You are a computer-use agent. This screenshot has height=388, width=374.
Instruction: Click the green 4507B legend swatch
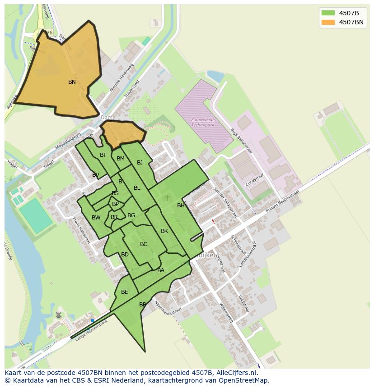[328, 13]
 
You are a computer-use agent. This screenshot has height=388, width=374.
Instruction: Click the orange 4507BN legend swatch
[328, 22]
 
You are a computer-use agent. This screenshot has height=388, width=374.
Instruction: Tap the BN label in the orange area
[72, 82]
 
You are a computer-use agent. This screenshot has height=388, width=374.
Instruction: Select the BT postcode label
[103, 155]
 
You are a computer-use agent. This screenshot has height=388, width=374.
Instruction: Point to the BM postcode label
[121, 159]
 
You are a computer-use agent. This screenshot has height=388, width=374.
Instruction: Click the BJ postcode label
[140, 163]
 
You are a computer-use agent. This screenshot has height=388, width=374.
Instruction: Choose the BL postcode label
[137, 188]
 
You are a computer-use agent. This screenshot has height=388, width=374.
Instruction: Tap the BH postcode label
[181, 205]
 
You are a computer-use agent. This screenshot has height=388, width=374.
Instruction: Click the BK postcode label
[164, 231]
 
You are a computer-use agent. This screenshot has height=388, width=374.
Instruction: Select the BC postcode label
[144, 244]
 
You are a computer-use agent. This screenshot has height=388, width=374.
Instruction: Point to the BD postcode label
[125, 255]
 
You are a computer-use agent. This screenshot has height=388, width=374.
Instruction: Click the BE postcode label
[124, 292]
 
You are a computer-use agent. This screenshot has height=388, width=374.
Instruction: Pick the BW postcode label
[96, 218]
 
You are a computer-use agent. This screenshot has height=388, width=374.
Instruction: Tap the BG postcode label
[131, 215]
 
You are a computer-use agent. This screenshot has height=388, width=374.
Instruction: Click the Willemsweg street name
[225, 313]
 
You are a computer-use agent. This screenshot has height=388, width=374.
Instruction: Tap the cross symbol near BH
[167, 197]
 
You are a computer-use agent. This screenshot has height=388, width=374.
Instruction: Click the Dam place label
[107, 118]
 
